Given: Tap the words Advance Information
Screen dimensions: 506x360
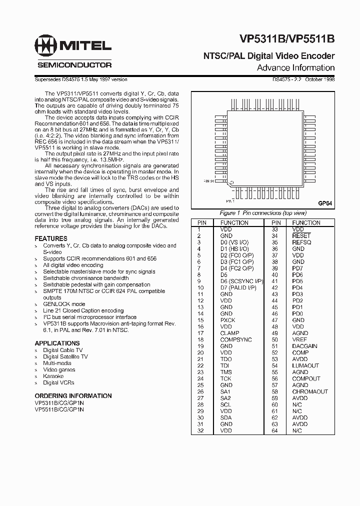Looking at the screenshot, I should point(295,67).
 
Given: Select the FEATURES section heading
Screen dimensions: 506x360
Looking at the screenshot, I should point(51,238).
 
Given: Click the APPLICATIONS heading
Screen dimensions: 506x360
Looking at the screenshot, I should point(57,343).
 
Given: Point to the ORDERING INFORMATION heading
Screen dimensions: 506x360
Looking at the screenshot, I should point(73,395).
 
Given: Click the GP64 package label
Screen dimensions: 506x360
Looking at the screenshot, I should point(325,203).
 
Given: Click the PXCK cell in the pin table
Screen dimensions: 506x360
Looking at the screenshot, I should point(227,319).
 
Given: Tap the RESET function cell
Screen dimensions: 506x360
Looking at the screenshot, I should point(301,235).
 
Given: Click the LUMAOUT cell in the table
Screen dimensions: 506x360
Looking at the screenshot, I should point(305,365).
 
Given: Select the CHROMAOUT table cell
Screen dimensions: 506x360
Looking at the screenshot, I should point(310,391).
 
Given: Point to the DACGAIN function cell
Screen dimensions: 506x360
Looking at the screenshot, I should point(304,346).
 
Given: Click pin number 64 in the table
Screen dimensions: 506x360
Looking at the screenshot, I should point(275,430).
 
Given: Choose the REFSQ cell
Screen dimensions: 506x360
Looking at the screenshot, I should point(302,242).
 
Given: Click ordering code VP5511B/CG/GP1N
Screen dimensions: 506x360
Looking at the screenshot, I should point(59,409).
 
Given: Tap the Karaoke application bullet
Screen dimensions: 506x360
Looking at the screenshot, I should point(53,376).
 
